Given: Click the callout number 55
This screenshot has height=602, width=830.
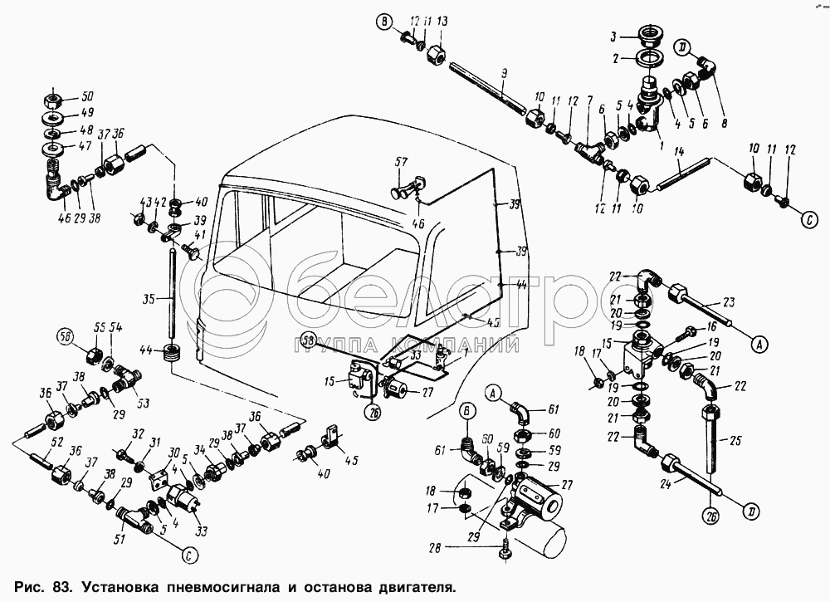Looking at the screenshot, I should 100,327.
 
